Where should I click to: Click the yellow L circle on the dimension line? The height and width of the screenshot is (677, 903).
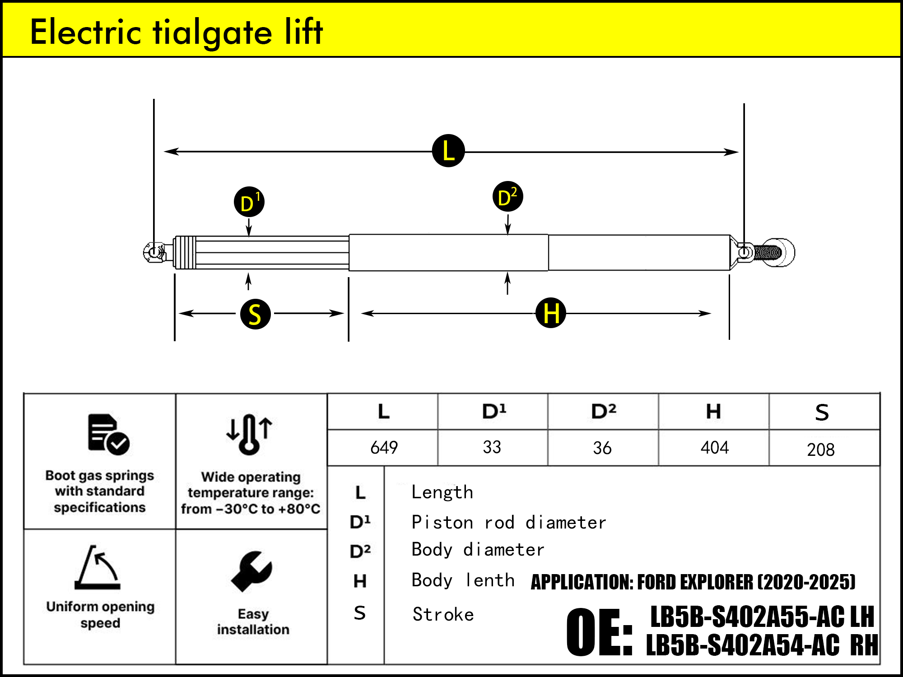click(x=448, y=151)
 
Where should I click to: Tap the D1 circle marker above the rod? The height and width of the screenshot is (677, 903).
click(x=249, y=202)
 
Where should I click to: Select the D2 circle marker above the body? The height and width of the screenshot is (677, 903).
click(x=507, y=197)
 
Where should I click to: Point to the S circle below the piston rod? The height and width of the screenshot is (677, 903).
click(x=256, y=314)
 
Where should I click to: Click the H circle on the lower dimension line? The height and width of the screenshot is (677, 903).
click(x=551, y=312)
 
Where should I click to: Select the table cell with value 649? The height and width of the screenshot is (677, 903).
click(x=384, y=448)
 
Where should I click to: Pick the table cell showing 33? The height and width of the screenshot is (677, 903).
click(x=492, y=447)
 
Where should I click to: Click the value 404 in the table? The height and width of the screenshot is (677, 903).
click(x=714, y=448)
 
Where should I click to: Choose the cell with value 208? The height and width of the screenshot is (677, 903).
click(x=820, y=450)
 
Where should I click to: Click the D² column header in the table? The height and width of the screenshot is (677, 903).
click(x=603, y=412)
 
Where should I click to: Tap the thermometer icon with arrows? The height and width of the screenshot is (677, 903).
click(x=249, y=434)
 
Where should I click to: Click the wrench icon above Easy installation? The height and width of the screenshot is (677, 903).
click(x=251, y=571)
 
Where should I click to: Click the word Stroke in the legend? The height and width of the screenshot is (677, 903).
click(x=443, y=614)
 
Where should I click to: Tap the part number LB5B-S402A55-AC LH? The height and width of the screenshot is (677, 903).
click(x=762, y=617)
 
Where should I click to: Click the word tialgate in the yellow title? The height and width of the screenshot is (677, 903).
click(x=213, y=32)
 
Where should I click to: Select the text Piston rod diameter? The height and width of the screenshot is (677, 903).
click(x=509, y=523)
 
